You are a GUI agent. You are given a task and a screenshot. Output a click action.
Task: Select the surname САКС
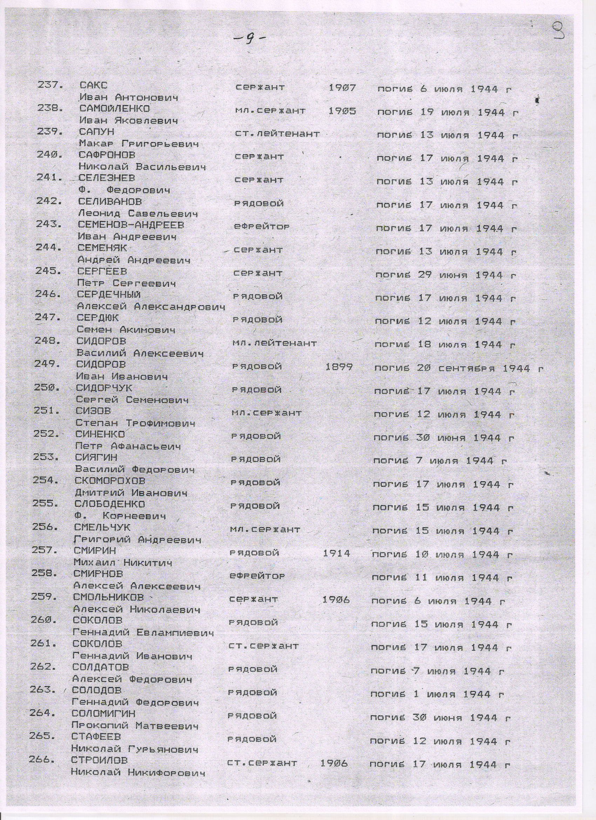click(x=94, y=86)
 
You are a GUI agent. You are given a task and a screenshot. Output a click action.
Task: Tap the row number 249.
click(x=47, y=364)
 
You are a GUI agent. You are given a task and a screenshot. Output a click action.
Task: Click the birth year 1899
click(x=339, y=367)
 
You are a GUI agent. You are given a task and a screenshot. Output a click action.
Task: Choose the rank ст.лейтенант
click(x=277, y=134)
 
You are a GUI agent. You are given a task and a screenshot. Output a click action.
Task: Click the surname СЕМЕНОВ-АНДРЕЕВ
click(x=131, y=225)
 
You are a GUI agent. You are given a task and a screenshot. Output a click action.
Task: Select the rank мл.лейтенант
click(x=274, y=343)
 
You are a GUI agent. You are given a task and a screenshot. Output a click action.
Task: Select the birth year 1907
click(x=343, y=87)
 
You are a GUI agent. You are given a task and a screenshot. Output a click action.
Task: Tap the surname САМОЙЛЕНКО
click(x=115, y=109)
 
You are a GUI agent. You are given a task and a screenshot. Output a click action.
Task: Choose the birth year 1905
click(x=342, y=110)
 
